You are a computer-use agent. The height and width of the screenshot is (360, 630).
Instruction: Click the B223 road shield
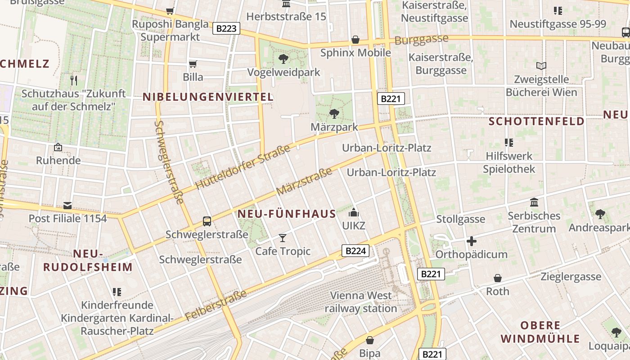(x=226, y=29)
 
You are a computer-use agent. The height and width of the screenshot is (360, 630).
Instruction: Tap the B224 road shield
(x=355, y=251)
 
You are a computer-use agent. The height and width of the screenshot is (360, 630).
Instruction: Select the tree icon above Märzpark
(x=334, y=113)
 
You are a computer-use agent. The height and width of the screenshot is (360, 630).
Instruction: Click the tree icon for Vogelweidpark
(x=283, y=58)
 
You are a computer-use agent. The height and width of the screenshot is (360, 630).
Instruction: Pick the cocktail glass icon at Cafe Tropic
(x=283, y=237)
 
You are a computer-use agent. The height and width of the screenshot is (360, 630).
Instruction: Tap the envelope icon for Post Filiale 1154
(x=67, y=206)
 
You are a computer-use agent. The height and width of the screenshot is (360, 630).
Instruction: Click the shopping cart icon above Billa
(x=193, y=64)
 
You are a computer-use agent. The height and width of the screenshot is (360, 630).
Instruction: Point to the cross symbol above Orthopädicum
(x=472, y=241)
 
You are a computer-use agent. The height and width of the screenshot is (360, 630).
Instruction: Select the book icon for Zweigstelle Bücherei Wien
(x=541, y=66)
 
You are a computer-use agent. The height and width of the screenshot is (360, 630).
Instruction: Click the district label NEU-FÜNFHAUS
(x=287, y=214)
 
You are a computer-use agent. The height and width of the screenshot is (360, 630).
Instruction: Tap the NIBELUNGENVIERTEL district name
(x=208, y=97)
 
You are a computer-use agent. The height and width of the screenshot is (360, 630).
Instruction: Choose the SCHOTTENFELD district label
(x=536, y=121)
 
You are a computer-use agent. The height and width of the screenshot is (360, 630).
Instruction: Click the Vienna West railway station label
(x=361, y=302)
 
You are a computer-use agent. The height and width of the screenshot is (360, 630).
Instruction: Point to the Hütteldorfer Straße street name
(x=243, y=167)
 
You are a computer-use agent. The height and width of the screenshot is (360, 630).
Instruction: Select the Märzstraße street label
(x=304, y=181)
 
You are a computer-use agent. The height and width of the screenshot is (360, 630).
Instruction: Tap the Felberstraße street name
(x=216, y=306)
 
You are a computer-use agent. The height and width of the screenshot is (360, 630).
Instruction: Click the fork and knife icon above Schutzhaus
(x=74, y=81)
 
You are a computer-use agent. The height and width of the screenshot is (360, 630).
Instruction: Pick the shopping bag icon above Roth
(x=498, y=278)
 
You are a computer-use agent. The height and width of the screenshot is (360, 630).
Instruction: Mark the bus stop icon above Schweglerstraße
(x=207, y=221)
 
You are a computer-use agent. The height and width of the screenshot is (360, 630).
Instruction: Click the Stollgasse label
(x=461, y=219)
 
